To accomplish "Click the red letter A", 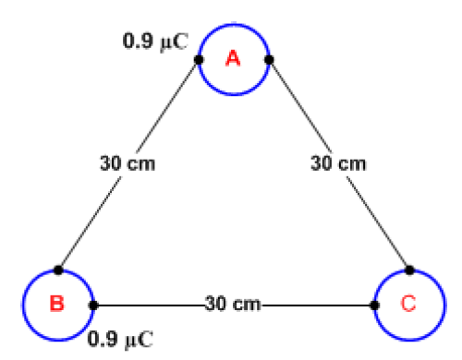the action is [x=234, y=59].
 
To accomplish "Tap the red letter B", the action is [x=56, y=304].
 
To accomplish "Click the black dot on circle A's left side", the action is [x=199, y=60].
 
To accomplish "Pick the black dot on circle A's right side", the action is [x=269, y=60].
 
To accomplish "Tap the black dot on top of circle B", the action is [x=57, y=270].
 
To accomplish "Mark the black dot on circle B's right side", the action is [x=92, y=304].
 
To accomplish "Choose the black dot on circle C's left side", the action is [x=375, y=304].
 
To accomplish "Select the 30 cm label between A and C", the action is [x=338, y=164].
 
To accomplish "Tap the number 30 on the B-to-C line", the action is [x=215, y=304].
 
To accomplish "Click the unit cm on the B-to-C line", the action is [x=246, y=304].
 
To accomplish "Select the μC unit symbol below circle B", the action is [x=138, y=338].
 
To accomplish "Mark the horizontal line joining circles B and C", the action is [x=148, y=304].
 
